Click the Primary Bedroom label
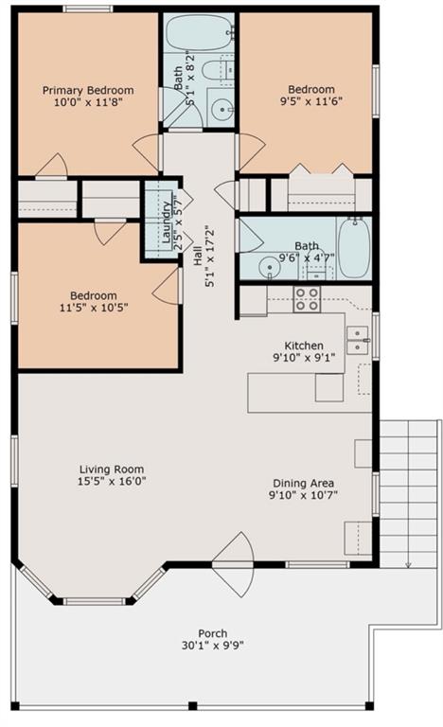(x=88, y=91)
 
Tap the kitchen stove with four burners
(x=307, y=299)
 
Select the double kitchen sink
(x=358, y=341)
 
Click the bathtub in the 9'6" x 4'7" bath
(x=354, y=248)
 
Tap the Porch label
(x=213, y=633)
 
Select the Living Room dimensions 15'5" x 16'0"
(x=112, y=481)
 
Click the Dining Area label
(x=303, y=483)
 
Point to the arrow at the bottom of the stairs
(x=408, y=564)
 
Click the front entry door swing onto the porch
(x=234, y=565)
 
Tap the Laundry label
(x=166, y=222)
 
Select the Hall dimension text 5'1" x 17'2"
(x=210, y=257)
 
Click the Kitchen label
(x=304, y=346)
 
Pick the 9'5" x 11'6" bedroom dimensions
(x=311, y=101)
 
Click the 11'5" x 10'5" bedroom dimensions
(x=94, y=307)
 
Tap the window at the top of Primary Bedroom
(x=88, y=9)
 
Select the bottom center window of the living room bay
(x=94, y=601)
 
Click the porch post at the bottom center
(x=192, y=706)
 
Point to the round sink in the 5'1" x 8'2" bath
(x=221, y=110)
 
